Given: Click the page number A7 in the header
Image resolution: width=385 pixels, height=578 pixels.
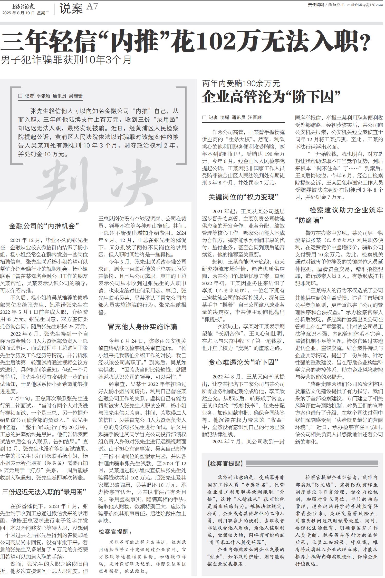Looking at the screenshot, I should [92, 6].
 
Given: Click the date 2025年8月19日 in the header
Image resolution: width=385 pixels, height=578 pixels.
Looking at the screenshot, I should [18, 13].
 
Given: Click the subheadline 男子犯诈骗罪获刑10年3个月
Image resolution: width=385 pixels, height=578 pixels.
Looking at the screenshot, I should [66, 60].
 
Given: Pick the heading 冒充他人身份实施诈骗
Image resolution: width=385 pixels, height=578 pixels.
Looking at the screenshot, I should [142, 327].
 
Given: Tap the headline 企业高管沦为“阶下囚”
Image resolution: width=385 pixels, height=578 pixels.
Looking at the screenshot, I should [271, 97].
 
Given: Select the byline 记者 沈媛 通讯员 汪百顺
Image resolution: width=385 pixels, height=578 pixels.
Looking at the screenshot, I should [232, 117].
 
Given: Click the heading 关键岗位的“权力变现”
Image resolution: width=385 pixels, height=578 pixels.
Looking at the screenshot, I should [243, 197].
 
